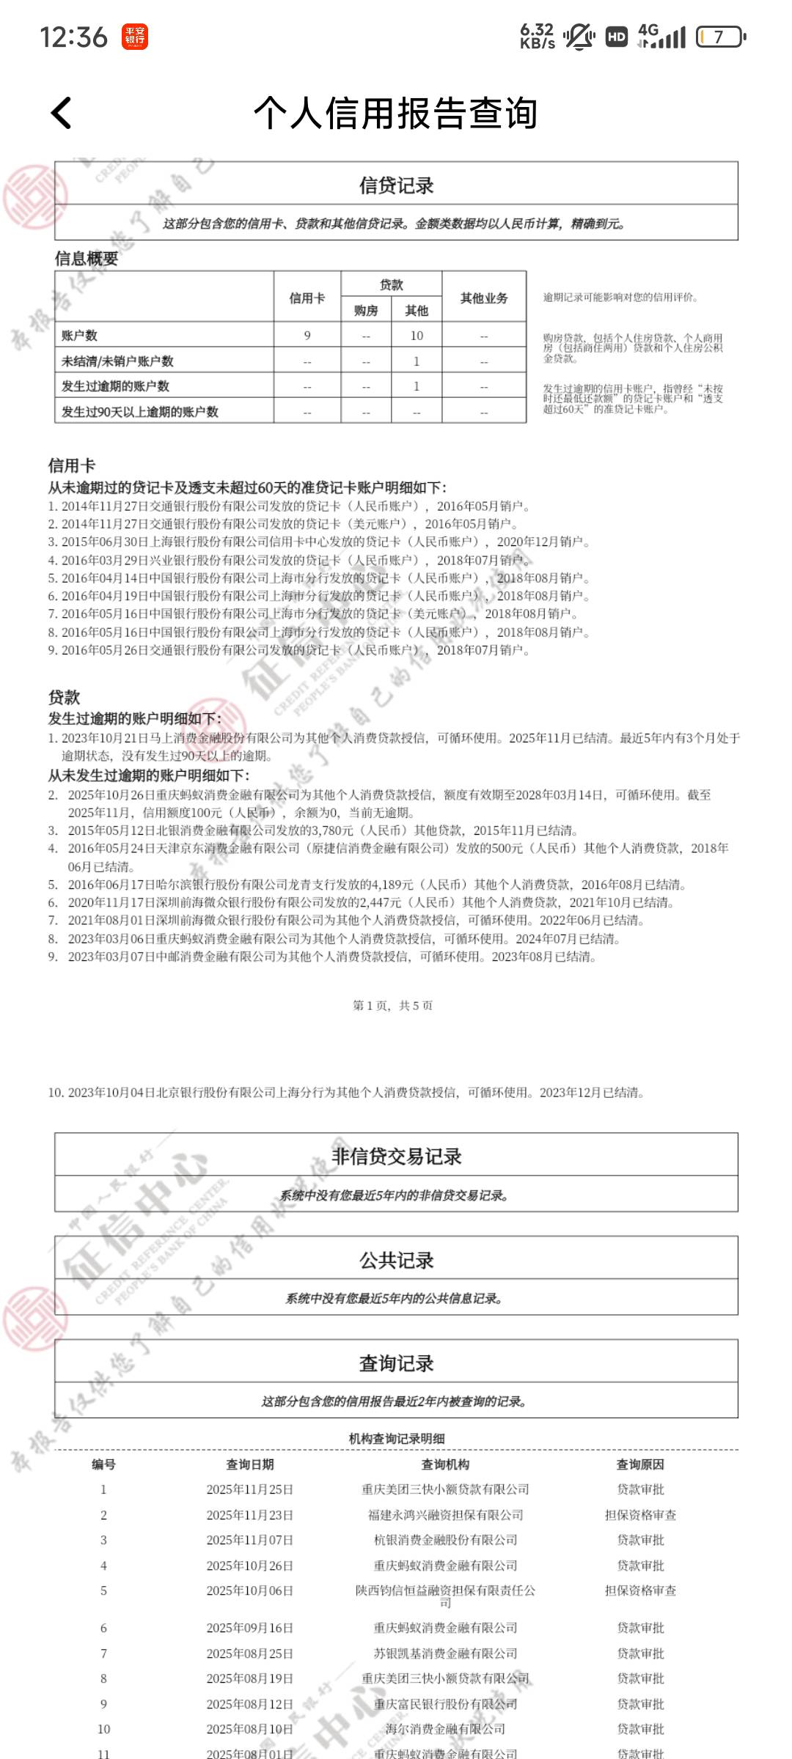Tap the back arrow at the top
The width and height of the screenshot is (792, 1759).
tap(62, 113)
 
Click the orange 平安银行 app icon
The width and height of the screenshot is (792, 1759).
tap(135, 37)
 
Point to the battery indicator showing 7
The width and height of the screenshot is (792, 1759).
tap(720, 37)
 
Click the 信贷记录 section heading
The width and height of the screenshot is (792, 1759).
tap(396, 185)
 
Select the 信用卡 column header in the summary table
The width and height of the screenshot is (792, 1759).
tap(307, 298)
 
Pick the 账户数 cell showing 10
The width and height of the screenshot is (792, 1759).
tap(417, 336)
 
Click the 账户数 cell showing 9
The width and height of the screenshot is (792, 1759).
tap(307, 336)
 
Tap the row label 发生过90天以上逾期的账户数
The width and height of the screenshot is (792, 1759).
tap(139, 412)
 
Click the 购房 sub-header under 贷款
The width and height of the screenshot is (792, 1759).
tap(366, 311)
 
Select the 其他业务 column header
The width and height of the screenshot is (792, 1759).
tap(484, 298)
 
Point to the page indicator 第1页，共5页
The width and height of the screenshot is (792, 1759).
tap(393, 1006)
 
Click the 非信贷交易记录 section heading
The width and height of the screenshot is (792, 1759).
tap(396, 1157)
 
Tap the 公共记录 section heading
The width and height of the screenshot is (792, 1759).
tap(396, 1260)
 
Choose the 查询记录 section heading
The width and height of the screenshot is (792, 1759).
tap(396, 1363)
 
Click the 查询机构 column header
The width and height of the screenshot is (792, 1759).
tap(445, 1464)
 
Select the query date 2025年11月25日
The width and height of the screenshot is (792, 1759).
tap(249, 1489)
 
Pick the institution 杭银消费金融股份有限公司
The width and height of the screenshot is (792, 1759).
tap(445, 1540)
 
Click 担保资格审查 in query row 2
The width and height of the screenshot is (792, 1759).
tap(640, 1515)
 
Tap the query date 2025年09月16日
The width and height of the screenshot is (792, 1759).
tap(249, 1628)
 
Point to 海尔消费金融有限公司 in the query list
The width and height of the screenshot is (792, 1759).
tap(445, 1729)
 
